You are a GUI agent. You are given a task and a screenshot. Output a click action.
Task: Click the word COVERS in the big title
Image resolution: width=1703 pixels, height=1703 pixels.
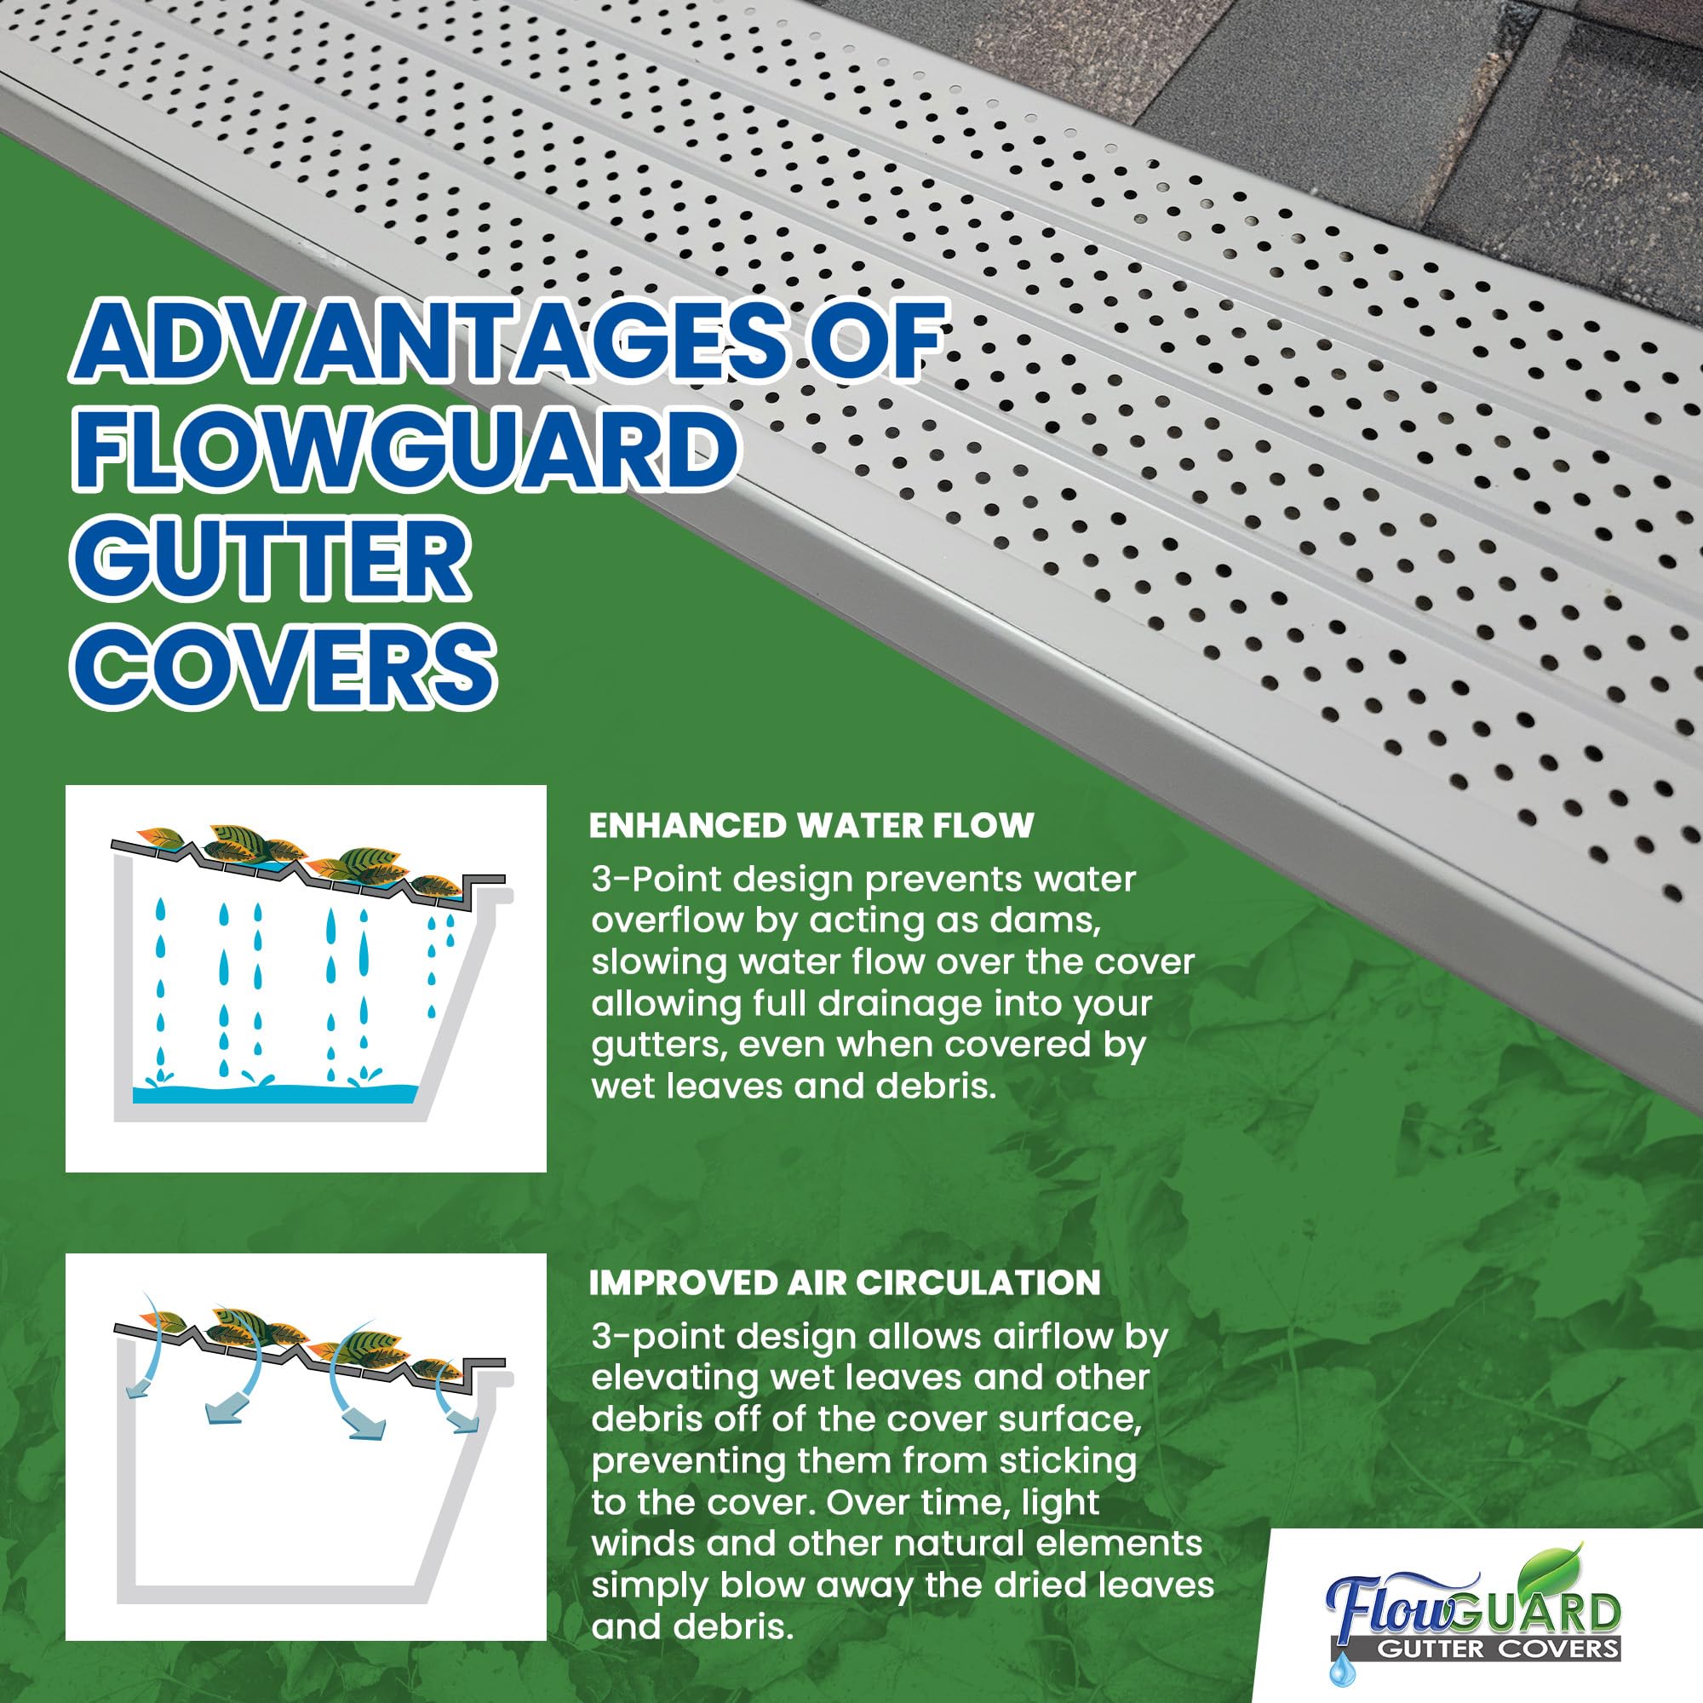click(282, 667)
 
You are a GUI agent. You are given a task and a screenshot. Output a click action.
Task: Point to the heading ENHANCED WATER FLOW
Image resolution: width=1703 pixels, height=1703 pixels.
click(811, 826)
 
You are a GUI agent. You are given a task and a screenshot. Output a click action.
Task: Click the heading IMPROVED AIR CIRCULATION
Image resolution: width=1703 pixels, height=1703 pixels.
click(845, 1283)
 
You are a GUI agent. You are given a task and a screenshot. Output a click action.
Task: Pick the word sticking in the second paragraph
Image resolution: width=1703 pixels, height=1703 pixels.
click(1067, 1460)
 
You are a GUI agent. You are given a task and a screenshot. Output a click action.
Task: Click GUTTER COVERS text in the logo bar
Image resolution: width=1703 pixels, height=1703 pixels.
click(1499, 1649)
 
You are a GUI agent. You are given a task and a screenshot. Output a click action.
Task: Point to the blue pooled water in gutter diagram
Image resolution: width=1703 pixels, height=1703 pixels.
click(273, 1094)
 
